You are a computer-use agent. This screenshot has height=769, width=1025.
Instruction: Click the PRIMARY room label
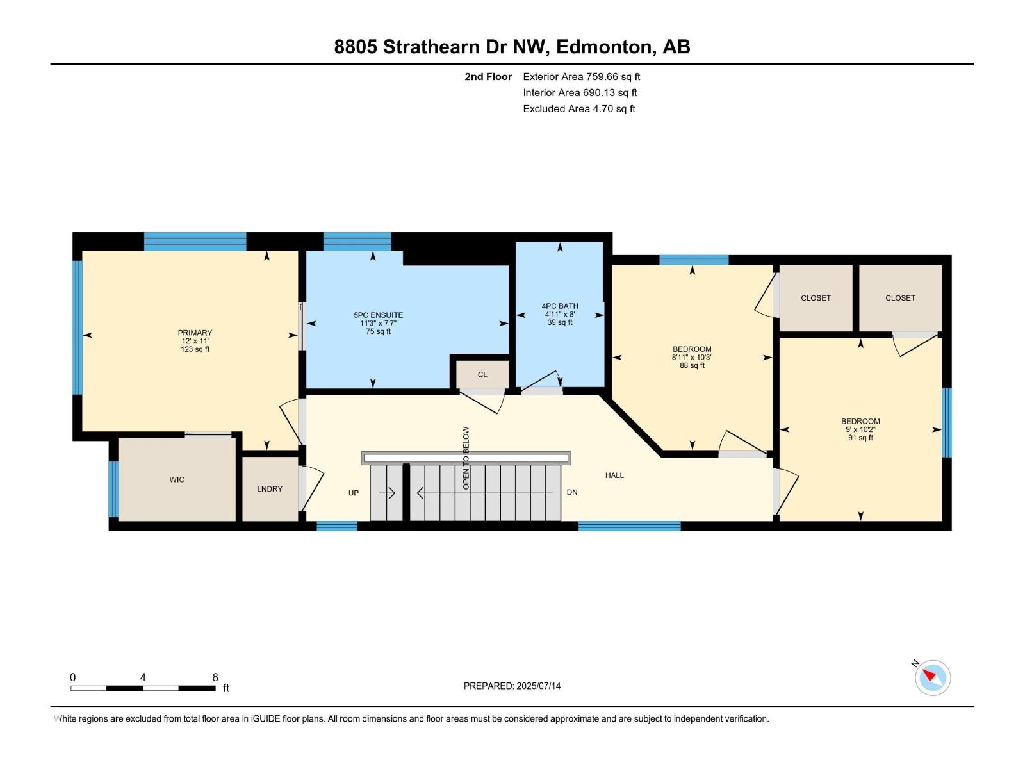195,333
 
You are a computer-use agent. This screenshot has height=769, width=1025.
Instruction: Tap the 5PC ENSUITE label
378,315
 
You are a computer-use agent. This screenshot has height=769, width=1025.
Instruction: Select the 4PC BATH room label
560,306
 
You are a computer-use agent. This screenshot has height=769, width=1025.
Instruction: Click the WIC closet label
177,479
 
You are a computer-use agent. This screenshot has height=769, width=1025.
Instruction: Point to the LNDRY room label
270,489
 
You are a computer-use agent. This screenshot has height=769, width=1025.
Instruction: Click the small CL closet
482,374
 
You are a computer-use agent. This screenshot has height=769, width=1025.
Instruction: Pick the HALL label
614,475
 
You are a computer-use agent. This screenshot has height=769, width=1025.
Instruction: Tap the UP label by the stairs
354,493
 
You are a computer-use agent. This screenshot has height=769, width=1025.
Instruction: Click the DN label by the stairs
572,492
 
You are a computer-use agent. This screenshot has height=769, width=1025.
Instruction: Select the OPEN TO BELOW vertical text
466,458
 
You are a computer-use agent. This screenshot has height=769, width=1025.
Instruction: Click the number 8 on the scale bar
215,677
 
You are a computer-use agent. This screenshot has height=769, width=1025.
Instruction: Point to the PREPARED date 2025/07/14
512,686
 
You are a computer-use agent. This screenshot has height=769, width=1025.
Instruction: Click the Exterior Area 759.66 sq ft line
581,77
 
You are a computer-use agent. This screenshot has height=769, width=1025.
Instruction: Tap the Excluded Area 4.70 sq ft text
578,109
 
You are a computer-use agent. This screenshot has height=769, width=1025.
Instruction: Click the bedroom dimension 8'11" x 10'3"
692,358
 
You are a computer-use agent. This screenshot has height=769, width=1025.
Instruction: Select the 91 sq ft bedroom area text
860,438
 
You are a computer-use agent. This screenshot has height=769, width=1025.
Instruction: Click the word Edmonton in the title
605,47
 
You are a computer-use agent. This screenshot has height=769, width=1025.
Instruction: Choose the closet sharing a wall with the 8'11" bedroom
816,298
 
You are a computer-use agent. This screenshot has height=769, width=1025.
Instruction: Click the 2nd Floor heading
488,77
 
